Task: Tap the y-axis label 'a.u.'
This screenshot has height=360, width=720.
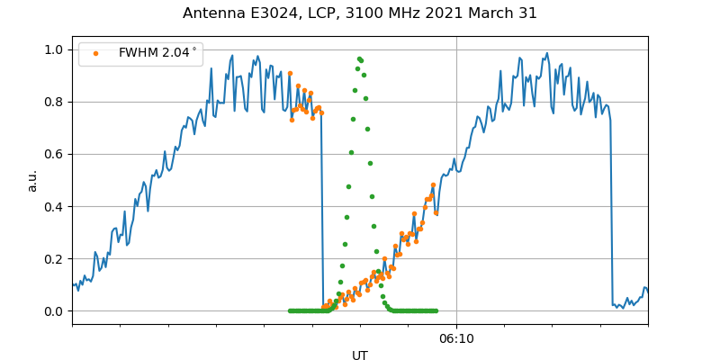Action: [33, 180]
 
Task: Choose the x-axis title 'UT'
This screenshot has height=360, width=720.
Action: [360, 355]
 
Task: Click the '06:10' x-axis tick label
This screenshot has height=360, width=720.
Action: [456, 338]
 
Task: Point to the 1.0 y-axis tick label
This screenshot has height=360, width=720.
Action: [55, 49]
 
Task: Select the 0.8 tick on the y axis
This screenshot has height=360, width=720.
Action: [55, 102]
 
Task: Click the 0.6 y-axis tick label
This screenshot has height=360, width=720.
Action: [55, 154]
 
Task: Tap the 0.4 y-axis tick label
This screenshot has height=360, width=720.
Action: [55, 206]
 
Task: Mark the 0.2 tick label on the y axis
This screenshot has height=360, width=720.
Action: [55, 258]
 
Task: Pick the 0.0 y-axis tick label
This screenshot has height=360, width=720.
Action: [55, 310]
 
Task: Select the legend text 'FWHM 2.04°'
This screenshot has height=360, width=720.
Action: [157, 53]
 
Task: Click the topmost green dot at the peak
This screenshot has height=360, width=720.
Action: [359, 58]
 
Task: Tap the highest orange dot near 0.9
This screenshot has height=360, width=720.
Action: [290, 73]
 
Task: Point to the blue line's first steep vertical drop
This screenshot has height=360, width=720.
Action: [322, 207]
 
